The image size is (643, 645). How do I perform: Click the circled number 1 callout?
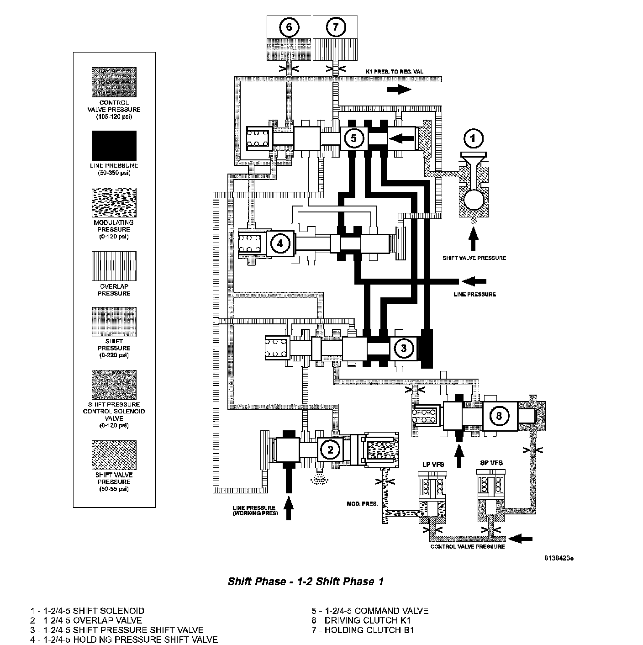[x=474, y=138]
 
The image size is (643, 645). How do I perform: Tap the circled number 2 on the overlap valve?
[x=330, y=450]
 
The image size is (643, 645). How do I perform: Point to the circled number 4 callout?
[x=279, y=243]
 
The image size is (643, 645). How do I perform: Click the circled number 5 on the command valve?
[x=353, y=137]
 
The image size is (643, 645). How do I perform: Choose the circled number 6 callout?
[x=289, y=27]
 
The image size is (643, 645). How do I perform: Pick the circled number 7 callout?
[x=336, y=27]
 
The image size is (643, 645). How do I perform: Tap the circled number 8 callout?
[x=499, y=415]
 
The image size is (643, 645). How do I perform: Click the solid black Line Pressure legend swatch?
[x=114, y=146]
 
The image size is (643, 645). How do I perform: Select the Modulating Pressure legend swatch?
[x=114, y=202]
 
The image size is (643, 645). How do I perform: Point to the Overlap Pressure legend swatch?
[x=114, y=266]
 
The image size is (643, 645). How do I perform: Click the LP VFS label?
[x=432, y=464]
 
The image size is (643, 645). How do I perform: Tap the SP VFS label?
[x=491, y=463]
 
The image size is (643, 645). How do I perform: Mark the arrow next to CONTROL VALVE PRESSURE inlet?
[x=520, y=539]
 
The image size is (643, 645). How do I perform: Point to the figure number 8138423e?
[x=559, y=558]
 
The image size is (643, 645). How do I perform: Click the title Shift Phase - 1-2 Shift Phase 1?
[x=306, y=582]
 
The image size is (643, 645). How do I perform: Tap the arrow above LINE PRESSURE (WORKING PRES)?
[x=288, y=508]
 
